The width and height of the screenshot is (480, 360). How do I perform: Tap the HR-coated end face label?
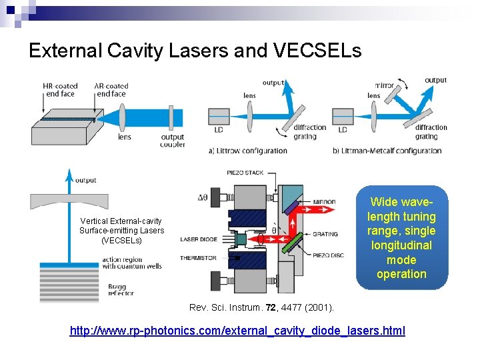coord(59,90)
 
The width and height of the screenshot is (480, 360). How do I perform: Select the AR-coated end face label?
coord(111,90)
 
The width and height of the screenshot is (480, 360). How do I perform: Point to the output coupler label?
coord(172,141)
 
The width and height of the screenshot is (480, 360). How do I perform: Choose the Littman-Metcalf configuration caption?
coord(387,151)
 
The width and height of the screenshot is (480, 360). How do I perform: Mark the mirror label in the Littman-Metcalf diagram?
coord(384,86)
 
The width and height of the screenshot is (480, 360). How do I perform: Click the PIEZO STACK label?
coord(246,173)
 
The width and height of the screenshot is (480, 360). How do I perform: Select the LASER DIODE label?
coord(198,239)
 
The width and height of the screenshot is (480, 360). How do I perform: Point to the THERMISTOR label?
coord(198,257)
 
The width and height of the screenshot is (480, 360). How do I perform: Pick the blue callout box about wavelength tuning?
coord(401,238)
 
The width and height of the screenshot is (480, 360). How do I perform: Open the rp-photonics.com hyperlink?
coord(237,331)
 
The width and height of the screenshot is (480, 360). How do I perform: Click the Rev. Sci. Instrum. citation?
coord(262,308)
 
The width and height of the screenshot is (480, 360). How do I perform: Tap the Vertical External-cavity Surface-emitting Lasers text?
coord(121,230)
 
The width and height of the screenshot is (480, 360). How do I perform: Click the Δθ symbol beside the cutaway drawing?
coord(205,198)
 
